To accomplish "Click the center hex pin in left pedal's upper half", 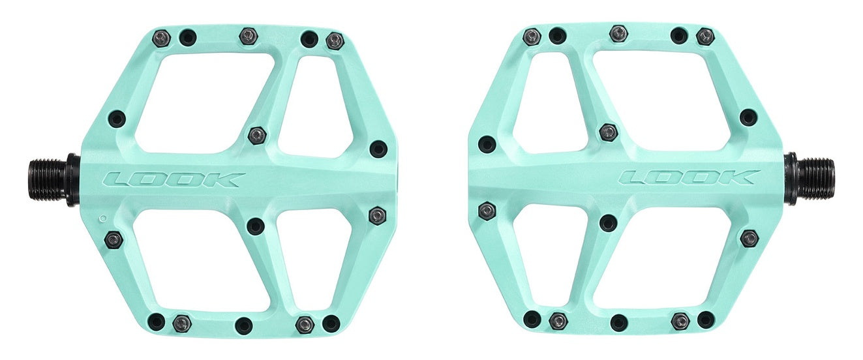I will tap(257, 136).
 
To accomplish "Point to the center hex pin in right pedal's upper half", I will tap(608, 132).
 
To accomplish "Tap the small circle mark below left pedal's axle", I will tap(102, 218).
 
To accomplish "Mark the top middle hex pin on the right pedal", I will tap(618, 33).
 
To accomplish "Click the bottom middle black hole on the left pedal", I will tap(244, 325).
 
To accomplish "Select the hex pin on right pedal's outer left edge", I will tap(487, 211).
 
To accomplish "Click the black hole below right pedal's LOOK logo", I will tap(608, 222).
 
